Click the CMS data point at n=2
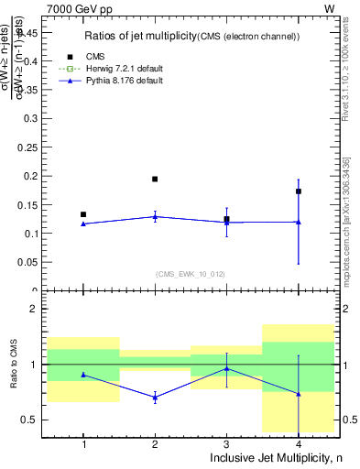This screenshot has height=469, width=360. [155, 179]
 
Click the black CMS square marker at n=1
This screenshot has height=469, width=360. [83, 214]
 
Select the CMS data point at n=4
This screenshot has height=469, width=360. [299, 191]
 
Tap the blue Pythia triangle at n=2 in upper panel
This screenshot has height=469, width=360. [155, 216]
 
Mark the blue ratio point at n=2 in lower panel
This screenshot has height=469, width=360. [155, 397]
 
